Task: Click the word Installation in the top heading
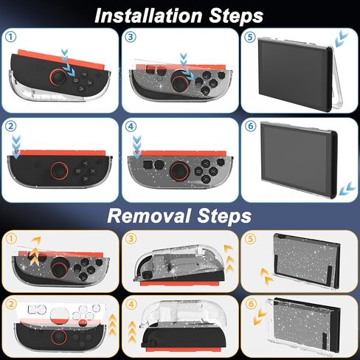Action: pyautogui.click(x=148, y=15)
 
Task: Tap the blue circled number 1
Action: pyautogui.click(x=11, y=37)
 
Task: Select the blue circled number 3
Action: pyautogui.click(x=131, y=37)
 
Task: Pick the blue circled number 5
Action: pyautogui.click(x=250, y=37)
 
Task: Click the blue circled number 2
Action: pyautogui.click(x=11, y=126)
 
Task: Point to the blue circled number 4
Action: pyautogui.click(x=131, y=126)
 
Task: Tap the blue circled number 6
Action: pyautogui.click(x=251, y=126)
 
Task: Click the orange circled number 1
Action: pyautogui.click(x=12, y=238)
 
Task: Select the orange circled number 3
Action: pyautogui.click(x=131, y=238)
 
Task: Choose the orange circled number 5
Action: pyautogui.click(x=251, y=238)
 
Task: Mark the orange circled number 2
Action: pyautogui.click(x=12, y=304)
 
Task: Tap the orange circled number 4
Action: pyautogui.click(x=131, y=305)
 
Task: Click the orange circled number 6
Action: pyautogui.click(x=251, y=304)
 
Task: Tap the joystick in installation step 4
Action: pyautogui.click(x=180, y=170)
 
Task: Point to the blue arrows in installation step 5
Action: pyautogui.click(x=341, y=39)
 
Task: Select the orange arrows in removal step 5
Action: pyautogui.click(x=267, y=277)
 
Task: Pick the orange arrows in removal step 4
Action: pyautogui.click(x=132, y=331)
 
